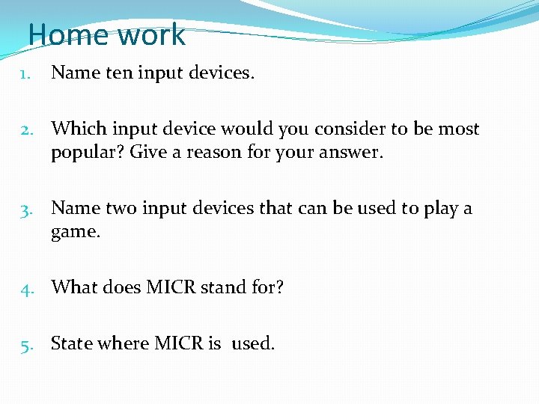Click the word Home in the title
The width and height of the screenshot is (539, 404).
click(x=64, y=35)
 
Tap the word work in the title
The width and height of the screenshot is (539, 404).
click(x=147, y=35)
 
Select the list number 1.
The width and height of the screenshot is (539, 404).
click(x=25, y=74)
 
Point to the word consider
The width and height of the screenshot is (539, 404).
click(x=349, y=129)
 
